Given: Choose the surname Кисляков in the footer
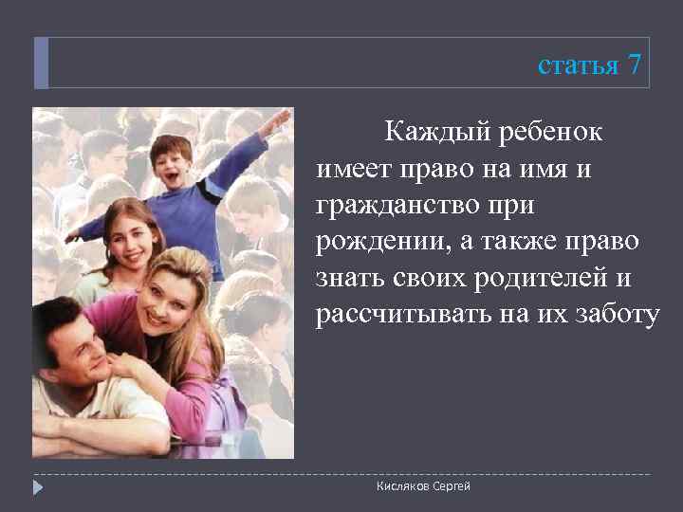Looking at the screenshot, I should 401,486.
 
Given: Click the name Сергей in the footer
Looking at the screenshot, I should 450,486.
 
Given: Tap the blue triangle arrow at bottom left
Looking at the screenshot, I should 39,487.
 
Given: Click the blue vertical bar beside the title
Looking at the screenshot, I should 40,64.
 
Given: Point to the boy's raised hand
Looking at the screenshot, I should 276,121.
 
